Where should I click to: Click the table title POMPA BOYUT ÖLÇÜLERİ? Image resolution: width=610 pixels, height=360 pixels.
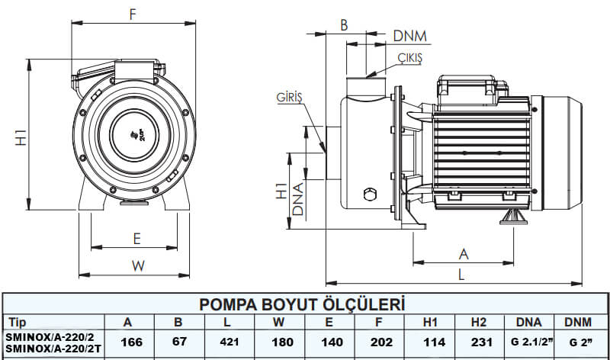tap(301, 304)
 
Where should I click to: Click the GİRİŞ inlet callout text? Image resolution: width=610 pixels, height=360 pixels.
tap(291, 98)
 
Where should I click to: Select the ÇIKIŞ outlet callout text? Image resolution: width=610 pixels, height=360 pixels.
tap(409, 58)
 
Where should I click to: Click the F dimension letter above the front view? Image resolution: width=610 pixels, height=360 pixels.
tap(133, 14)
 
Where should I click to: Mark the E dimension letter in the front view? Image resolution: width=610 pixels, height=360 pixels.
tap(136, 239)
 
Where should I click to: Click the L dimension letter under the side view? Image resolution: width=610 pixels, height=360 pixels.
tap(462, 273)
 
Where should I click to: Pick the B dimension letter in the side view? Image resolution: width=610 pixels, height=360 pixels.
tap(344, 25)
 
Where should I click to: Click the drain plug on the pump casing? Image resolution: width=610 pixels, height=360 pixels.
tap(371, 193)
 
